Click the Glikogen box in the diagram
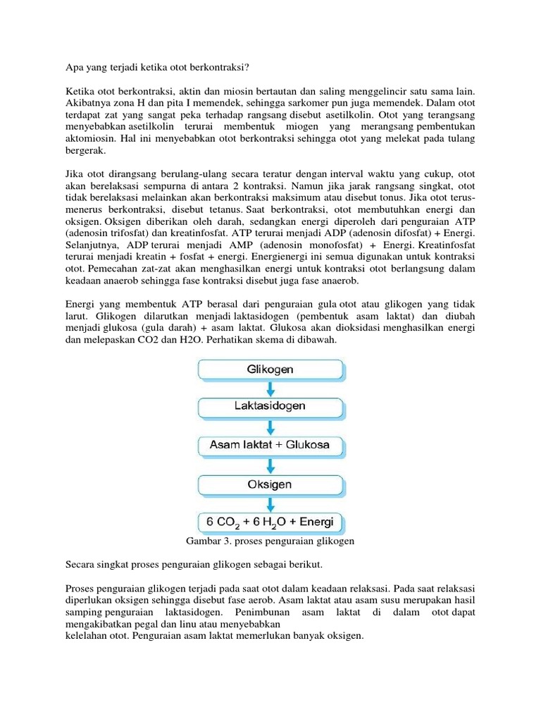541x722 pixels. tap(270, 369)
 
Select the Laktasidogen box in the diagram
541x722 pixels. tap(270, 407)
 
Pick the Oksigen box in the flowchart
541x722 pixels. tap(270, 484)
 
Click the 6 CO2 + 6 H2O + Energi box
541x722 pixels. tap(270, 523)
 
